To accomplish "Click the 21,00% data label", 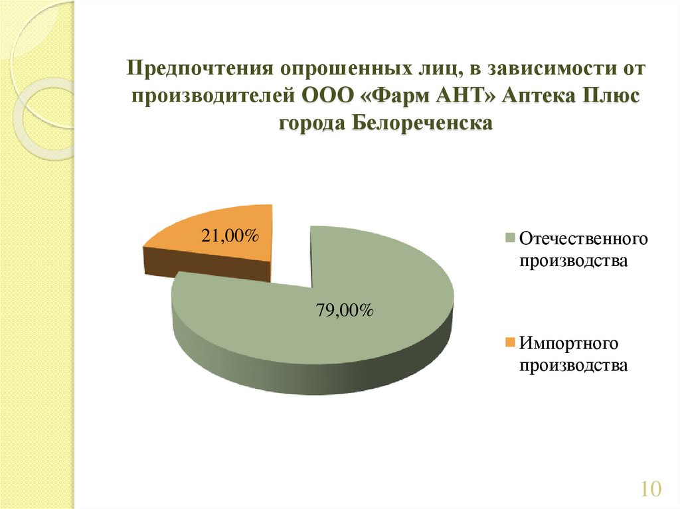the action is point(230,236).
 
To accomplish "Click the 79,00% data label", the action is point(345,311).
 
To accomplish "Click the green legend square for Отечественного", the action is point(510,238).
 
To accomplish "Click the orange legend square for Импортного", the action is point(510,342).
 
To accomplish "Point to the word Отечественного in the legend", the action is point(583,239).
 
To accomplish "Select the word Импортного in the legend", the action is point(568,343).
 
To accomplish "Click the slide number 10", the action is point(651,488).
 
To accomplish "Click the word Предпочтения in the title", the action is point(200,69).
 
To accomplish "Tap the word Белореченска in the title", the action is point(422,123).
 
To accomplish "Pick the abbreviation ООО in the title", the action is point(328,96).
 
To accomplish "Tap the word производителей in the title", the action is point(213,96).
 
